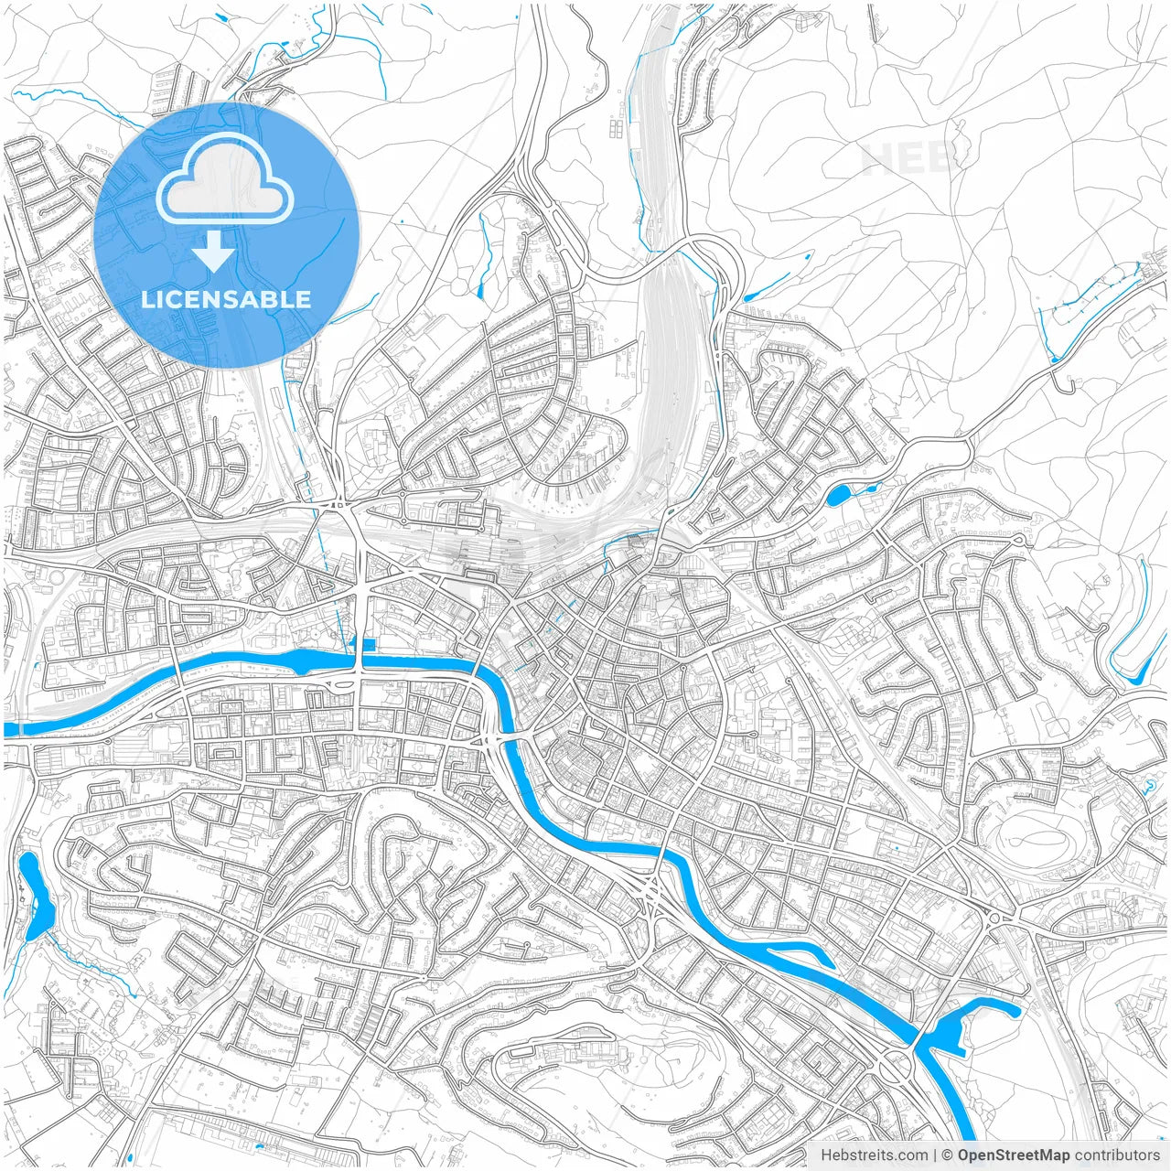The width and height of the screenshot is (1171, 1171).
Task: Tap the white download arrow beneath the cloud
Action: [x=214, y=251]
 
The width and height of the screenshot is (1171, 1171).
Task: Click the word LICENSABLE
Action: [x=225, y=299]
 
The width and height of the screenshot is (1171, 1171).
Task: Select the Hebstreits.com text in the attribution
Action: [x=874, y=1155]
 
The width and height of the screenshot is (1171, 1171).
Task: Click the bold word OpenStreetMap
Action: [x=1014, y=1155]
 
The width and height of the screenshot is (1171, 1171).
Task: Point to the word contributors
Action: [x=1117, y=1155]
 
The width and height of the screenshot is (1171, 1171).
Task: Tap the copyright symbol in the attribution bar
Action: [x=948, y=1155]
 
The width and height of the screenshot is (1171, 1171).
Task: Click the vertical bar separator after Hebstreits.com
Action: [x=935, y=1155]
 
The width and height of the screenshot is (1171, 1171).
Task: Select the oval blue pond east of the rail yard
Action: [x=838, y=496]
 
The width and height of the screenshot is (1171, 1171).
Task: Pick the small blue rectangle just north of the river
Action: [x=368, y=645]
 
